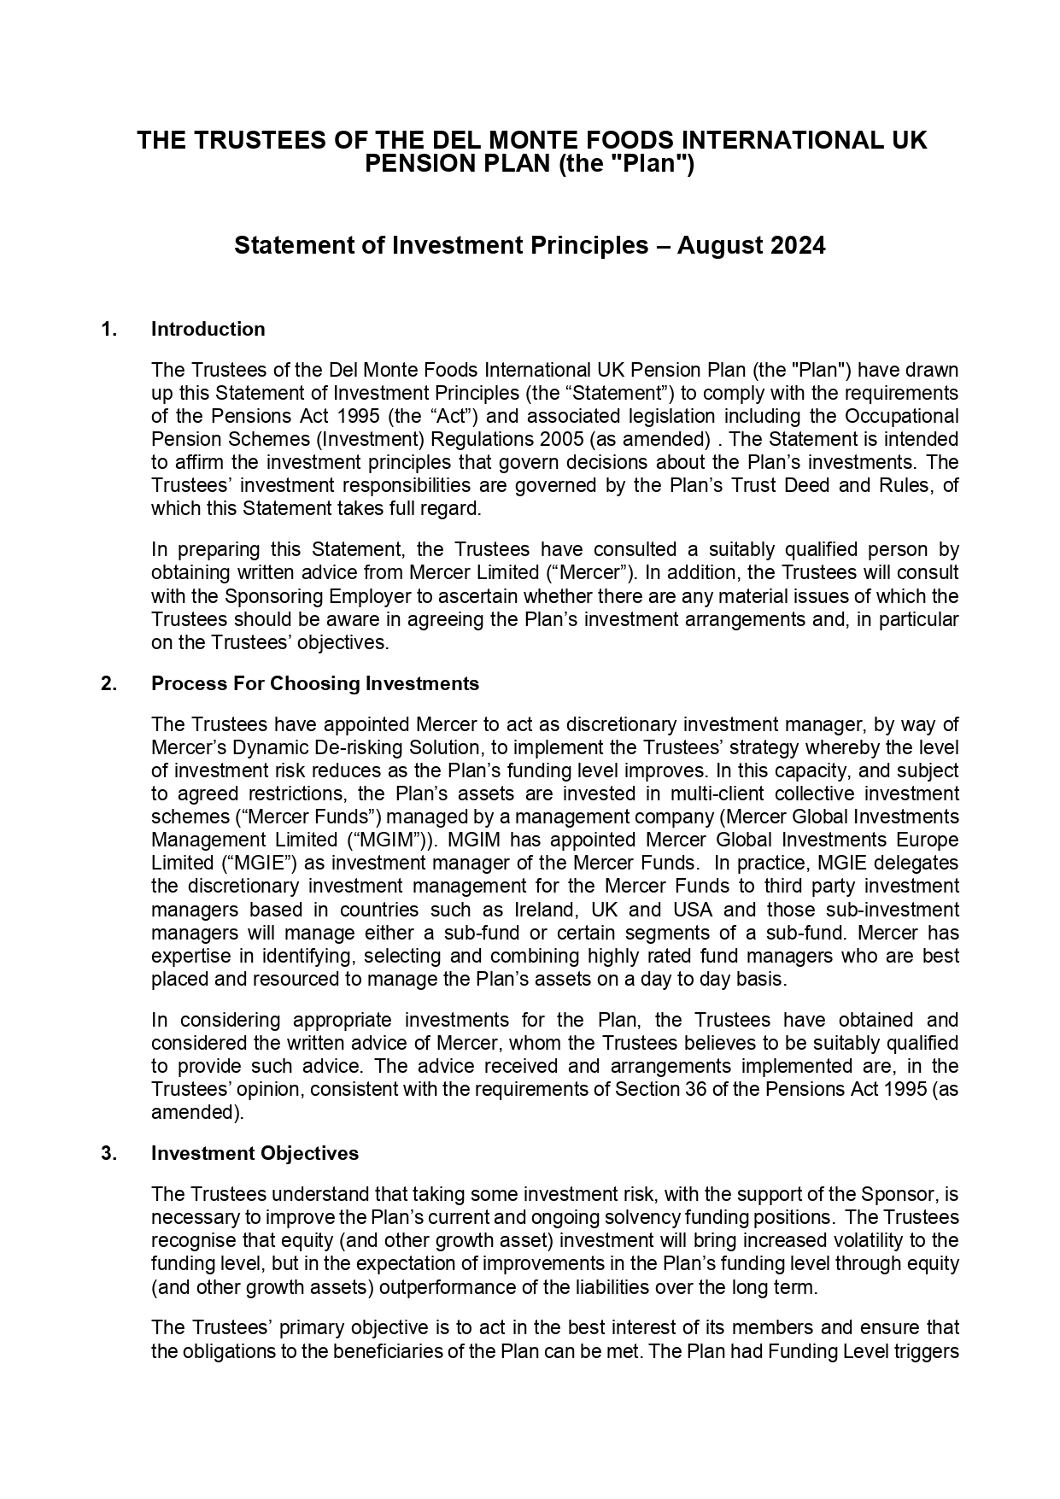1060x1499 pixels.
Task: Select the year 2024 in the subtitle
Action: tap(798, 246)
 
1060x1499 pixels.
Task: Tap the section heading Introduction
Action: tap(208, 330)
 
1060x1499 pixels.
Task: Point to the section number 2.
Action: tap(108, 684)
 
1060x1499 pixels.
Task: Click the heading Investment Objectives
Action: tap(255, 1154)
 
